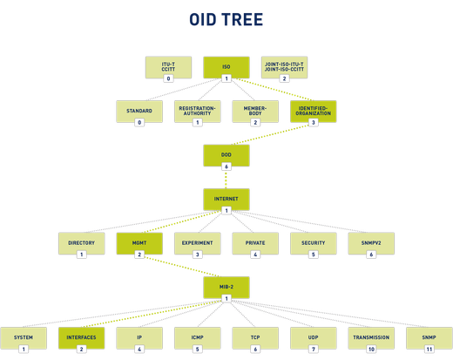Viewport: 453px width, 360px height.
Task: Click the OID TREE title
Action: (x=226, y=20)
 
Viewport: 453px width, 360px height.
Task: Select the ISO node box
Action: (x=226, y=66)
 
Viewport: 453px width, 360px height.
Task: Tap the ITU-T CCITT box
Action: (x=168, y=66)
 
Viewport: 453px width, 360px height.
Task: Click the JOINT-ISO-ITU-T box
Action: (x=285, y=66)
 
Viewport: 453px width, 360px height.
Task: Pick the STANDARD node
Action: (x=139, y=112)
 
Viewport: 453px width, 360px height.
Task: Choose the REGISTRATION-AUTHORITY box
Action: (x=197, y=112)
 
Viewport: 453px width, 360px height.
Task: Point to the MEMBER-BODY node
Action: (x=255, y=112)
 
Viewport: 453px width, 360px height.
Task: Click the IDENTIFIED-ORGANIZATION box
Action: (x=314, y=112)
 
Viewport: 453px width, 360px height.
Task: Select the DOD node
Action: (x=226, y=155)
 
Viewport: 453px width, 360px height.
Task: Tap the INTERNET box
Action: (x=226, y=199)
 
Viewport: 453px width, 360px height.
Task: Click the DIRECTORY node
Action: (x=81, y=243)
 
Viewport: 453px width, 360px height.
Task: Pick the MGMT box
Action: (x=139, y=243)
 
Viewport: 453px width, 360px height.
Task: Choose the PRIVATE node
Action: (x=255, y=243)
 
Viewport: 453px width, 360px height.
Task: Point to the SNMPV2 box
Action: (x=372, y=243)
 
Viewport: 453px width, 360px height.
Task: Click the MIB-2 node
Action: (x=226, y=287)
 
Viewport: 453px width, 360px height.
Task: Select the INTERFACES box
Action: (x=81, y=336)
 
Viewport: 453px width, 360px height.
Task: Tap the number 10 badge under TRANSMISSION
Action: (x=372, y=349)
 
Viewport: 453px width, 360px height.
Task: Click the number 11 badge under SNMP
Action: (x=429, y=349)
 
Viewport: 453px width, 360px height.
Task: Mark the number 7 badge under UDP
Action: (x=314, y=349)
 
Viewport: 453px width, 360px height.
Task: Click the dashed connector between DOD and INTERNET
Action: (x=226, y=178)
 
